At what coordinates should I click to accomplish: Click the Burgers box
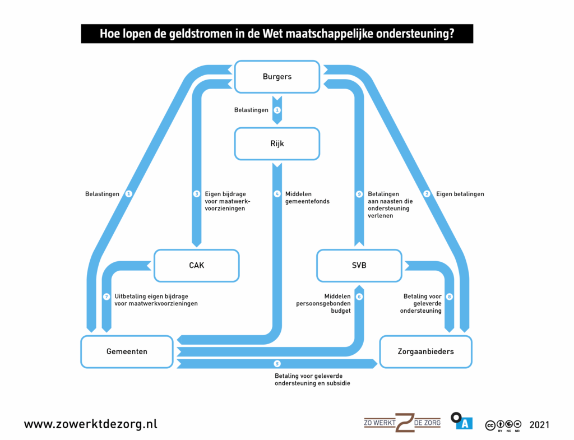pyautogui.click(x=277, y=77)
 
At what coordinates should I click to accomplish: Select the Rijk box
pyautogui.click(x=277, y=143)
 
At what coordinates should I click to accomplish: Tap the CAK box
pyautogui.click(x=196, y=266)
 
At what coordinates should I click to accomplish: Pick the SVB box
pyautogui.click(x=359, y=266)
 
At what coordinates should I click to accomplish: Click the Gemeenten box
pyautogui.click(x=127, y=351)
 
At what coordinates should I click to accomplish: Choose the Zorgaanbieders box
pyautogui.click(x=425, y=351)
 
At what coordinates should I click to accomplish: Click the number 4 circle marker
pyautogui.click(x=277, y=194)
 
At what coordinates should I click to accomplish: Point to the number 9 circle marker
pyautogui.click(x=360, y=194)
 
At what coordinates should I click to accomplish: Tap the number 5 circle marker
pyautogui.click(x=277, y=364)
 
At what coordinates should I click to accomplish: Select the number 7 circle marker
pyautogui.click(x=107, y=297)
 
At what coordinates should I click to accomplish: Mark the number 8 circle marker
pyautogui.click(x=450, y=297)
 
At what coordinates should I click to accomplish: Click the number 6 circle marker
pyautogui.click(x=360, y=297)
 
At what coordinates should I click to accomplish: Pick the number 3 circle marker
pyautogui.click(x=197, y=194)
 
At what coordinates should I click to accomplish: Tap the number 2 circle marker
pyautogui.click(x=427, y=194)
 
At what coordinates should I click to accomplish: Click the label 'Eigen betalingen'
pyautogui.click(x=461, y=194)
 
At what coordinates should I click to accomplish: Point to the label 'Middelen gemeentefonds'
pyautogui.click(x=307, y=197)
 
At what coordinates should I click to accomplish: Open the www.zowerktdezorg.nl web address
pyautogui.click(x=90, y=424)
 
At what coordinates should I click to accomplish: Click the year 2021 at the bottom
pyautogui.click(x=539, y=424)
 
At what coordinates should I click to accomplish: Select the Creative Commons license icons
pyautogui.click(x=503, y=425)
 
